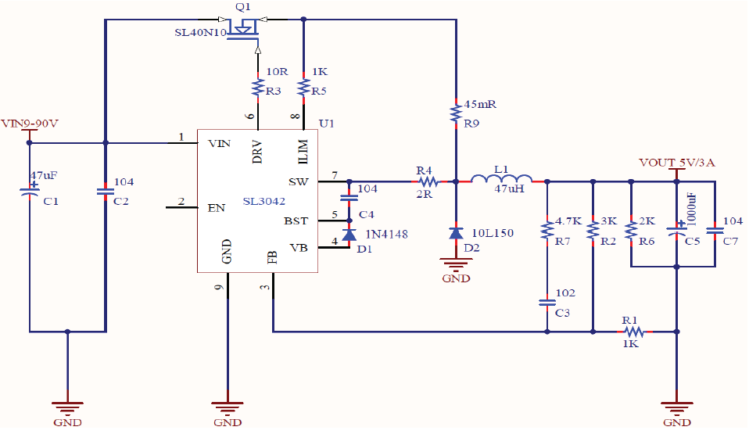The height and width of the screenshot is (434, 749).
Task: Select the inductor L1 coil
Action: coord(501,178)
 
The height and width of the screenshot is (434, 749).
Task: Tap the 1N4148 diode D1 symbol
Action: coord(349,235)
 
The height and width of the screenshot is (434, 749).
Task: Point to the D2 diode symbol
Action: coord(456,233)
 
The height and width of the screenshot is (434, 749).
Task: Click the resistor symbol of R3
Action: coord(258,88)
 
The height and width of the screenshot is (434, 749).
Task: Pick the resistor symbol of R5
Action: coord(303,88)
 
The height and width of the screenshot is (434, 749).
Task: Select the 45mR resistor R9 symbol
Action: coord(456,113)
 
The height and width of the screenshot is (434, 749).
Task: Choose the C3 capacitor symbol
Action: coord(547,302)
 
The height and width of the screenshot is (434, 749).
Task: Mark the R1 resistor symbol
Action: coord(634,332)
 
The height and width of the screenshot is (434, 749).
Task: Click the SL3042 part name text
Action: coord(264,201)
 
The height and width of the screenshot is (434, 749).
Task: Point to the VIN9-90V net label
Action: coord(30,124)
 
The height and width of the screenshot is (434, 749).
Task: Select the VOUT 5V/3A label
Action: coord(677,163)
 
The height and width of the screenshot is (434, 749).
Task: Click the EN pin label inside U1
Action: coord(217,208)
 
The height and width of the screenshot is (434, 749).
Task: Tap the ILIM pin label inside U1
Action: coord(303,152)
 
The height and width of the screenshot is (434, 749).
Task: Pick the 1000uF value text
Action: coord(692,210)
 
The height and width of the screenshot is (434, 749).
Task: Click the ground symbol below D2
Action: coord(456,264)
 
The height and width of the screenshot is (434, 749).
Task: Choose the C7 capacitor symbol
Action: coord(715,231)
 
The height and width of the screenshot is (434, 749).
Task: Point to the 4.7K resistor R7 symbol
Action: coord(547,231)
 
